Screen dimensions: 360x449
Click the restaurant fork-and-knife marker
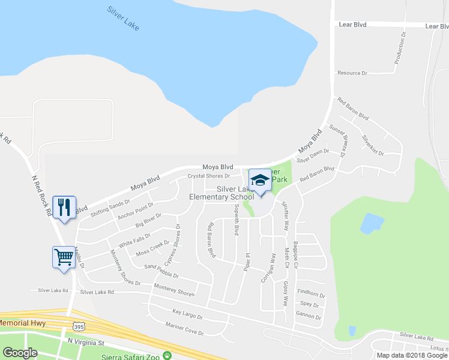[x=64, y=207]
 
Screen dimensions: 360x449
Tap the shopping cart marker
[x=64, y=257]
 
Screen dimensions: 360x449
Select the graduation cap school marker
[x=260, y=179]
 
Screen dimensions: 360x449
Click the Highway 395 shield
[x=79, y=326]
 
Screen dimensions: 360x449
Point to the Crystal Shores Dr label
[x=209, y=176]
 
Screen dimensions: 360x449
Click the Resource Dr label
[x=352, y=73]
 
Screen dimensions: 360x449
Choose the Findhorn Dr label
[x=310, y=295]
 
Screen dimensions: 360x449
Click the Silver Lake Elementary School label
[x=221, y=193]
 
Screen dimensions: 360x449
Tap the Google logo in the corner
[x=20, y=353]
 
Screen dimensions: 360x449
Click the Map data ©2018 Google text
[x=412, y=355]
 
